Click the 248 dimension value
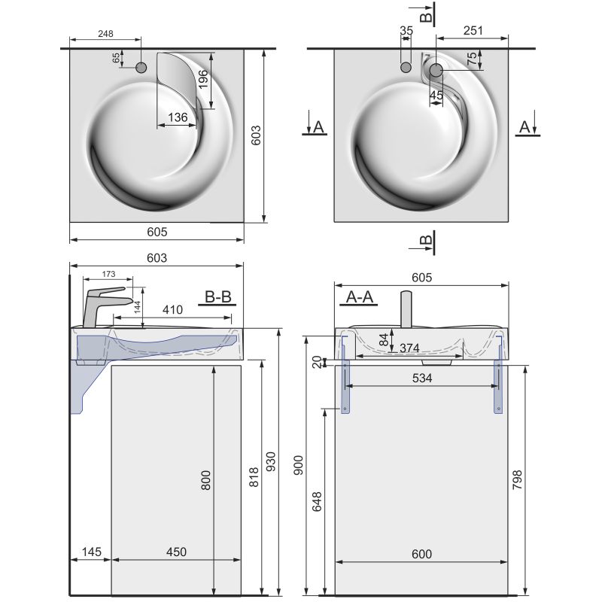pos(105,33)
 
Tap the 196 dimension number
pos(202,78)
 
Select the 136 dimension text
pos(178,117)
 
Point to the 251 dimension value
pos(473,31)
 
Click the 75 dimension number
pos(472,59)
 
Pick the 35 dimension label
pos(406,31)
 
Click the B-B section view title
pos(218,297)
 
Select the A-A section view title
pos(359,297)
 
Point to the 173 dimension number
pos(108,274)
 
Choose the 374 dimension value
pos(409,348)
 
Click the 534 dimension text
pos(422,379)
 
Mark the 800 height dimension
pos(207,479)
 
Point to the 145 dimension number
pos(90,552)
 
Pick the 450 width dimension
pos(176,552)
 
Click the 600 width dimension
pos(421,555)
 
